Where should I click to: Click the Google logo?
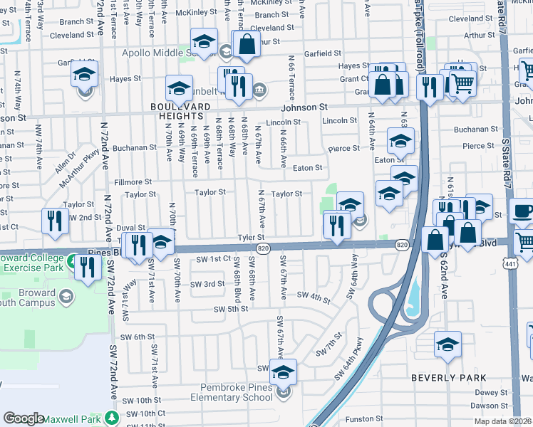(24, 418)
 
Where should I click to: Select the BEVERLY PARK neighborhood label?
(449, 378)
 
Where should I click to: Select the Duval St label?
(132, 228)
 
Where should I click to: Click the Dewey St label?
(491, 392)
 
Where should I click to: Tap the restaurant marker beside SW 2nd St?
(55, 220)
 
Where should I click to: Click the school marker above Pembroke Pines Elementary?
(284, 371)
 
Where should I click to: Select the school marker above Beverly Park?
(447, 345)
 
